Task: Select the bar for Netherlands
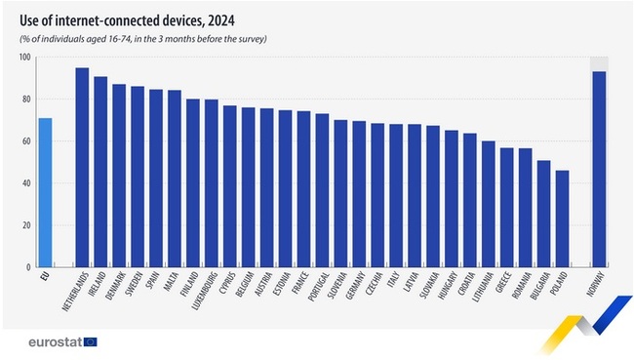point(82,167)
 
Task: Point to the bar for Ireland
point(100,172)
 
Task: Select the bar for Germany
point(359,194)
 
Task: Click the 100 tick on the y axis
point(24,58)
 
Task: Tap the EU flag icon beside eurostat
point(91,341)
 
